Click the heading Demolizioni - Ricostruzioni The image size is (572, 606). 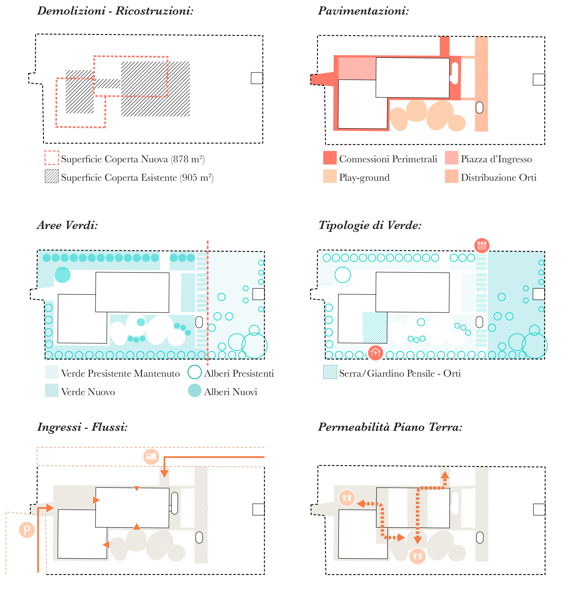115,11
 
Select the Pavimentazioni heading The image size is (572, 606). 363,11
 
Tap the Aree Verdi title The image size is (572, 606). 67,225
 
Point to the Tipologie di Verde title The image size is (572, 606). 370,225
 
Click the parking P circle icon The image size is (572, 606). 27,530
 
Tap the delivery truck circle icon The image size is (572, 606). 151,457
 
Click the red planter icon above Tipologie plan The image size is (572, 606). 482,245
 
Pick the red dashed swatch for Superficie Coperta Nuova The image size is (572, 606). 52,158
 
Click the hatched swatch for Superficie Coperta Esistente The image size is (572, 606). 52,176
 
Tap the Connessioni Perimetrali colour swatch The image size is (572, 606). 330,158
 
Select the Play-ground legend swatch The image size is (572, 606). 330,176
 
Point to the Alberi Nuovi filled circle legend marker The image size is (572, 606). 195,391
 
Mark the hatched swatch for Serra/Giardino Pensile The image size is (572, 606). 330,372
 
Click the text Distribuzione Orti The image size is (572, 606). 498,177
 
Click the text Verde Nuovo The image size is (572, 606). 88,392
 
